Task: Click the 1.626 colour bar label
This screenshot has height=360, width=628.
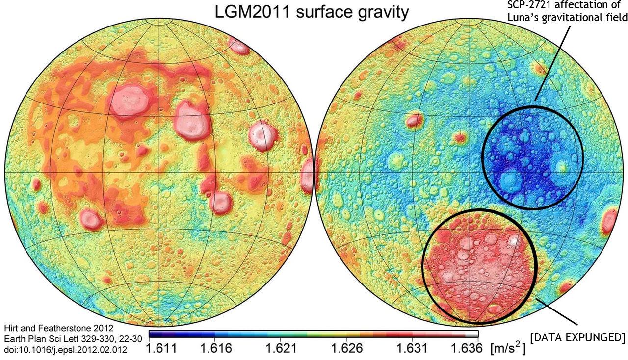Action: point(347,349)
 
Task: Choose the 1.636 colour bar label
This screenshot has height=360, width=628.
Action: point(467,349)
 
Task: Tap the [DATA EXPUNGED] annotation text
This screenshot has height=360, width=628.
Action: point(577,338)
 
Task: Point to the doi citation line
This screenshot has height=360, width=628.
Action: point(65,350)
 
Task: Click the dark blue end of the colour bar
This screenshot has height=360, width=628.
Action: point(153,334)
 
